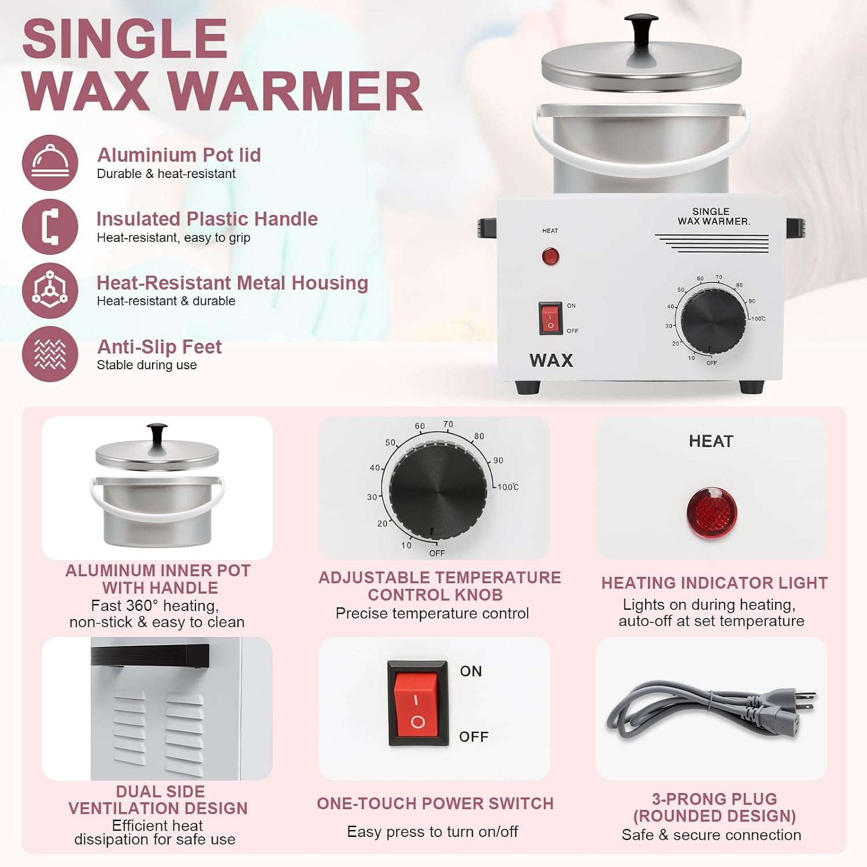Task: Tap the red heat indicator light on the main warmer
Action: click(550, 256)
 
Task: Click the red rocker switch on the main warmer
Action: click(550, 318)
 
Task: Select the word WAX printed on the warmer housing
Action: click(551, 361)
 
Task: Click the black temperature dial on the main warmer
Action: click(713, 319)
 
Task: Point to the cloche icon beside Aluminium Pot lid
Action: click(50, 163)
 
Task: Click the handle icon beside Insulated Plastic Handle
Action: click(50, 227)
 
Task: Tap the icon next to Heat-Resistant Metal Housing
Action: click(50, 291)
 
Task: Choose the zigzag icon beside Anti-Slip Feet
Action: click(50, 354)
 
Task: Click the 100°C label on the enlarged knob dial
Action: click(508, 487)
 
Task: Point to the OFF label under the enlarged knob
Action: click(437, 553)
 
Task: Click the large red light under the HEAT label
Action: click(712, 513)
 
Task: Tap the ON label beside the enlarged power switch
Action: click(471, 671)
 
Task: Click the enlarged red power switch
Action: click(418, 703)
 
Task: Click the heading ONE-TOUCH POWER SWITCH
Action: click(435, 803)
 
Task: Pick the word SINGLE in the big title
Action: click(125, 39)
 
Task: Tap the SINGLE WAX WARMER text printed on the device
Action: click(713, 216)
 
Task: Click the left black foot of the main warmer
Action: click(528, 387)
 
